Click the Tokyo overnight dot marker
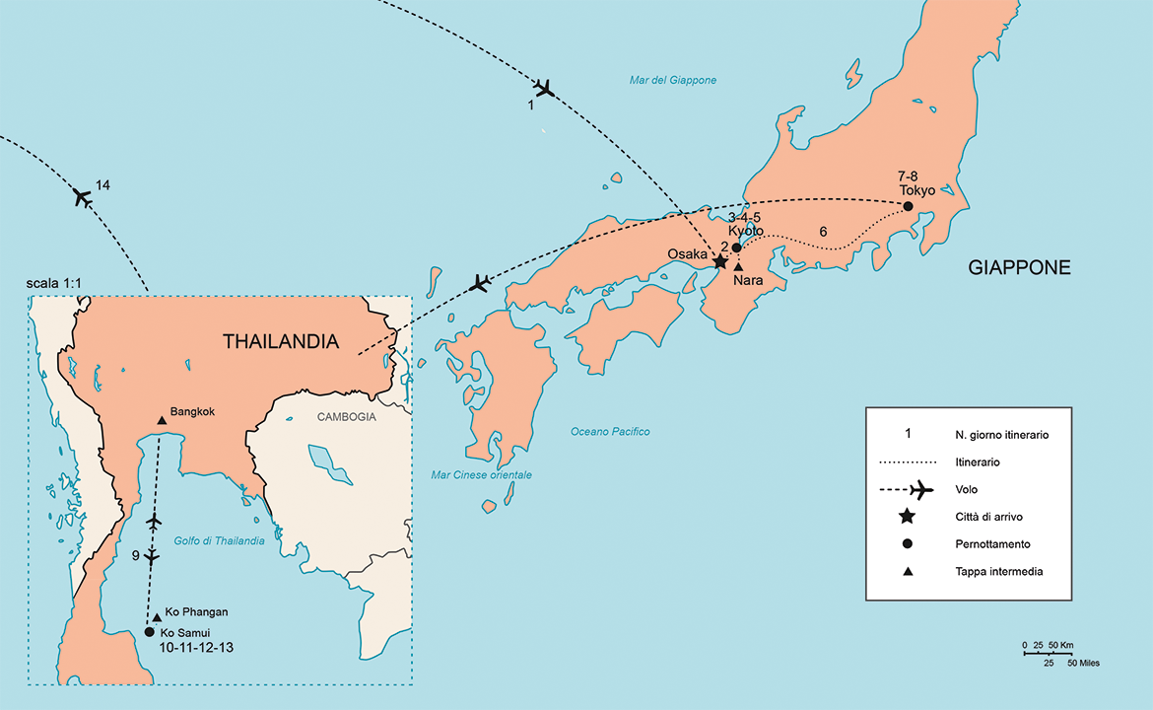point(908,206)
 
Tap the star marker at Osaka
point(719,261)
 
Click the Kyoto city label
point(746,231)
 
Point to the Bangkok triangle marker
point(162,421)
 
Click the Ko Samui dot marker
point(149,632)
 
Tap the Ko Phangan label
point(197,612)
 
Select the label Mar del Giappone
point(673,81)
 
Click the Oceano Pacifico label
point(610,432)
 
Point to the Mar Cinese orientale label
point(482,475)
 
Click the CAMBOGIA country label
point(347,417)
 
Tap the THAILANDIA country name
point(281,343)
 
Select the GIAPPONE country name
point(1019,267)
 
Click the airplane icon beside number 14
point(83,197)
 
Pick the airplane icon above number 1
point(544,88)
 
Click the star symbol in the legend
point(908,516)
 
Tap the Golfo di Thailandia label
point(219,540)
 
